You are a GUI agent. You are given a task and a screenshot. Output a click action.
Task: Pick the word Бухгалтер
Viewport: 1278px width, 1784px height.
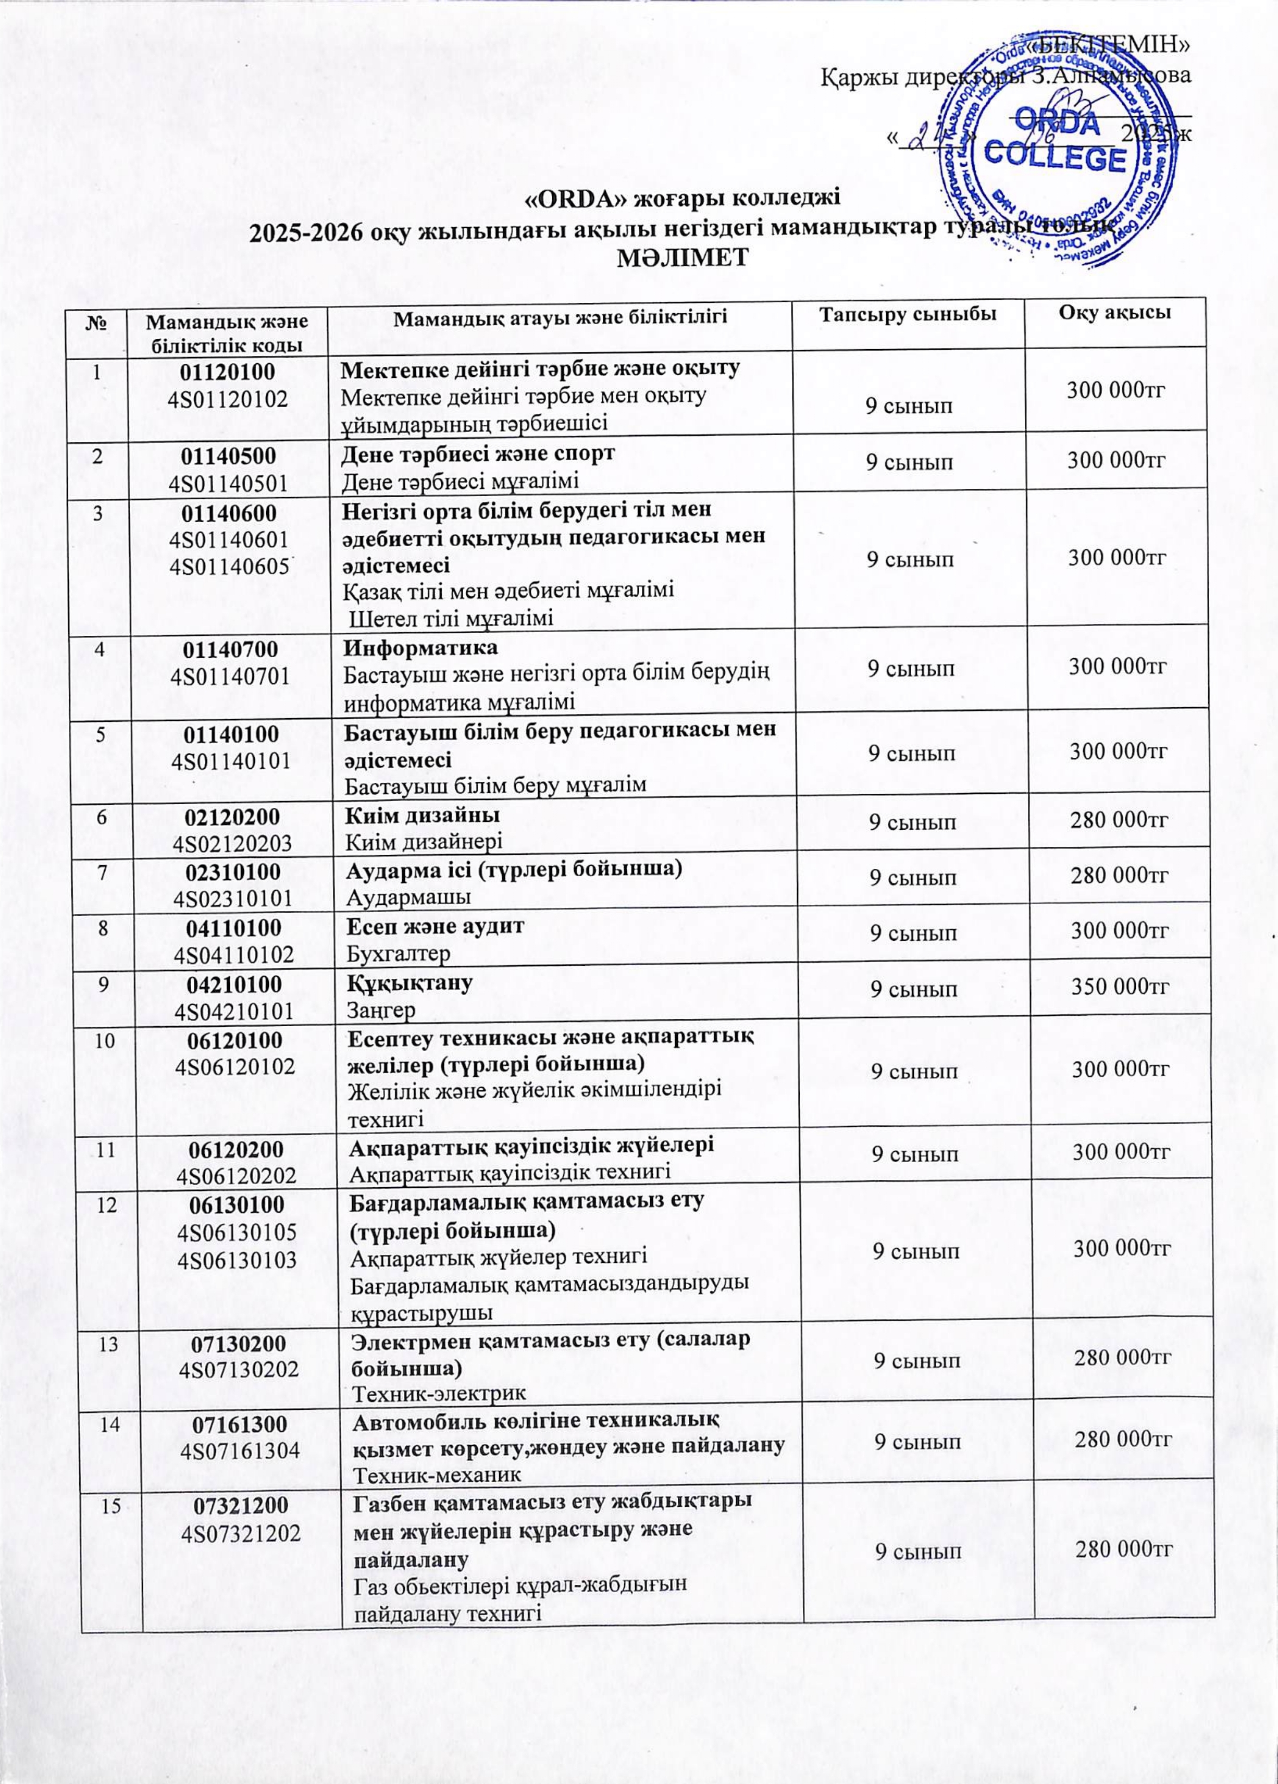(x=399, y=954)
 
